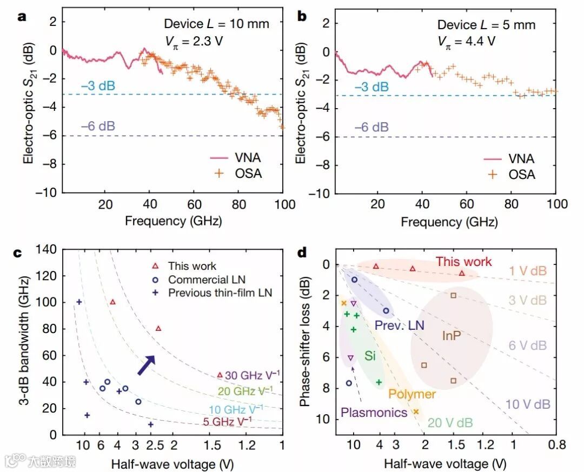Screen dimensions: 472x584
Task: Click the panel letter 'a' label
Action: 22,16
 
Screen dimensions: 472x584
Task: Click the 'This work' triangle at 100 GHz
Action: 112,302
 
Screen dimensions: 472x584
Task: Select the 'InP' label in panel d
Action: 451,335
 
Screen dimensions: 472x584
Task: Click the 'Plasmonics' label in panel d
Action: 374,412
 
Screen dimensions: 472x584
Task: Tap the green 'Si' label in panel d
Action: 370,356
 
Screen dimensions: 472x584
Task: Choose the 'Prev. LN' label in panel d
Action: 399,325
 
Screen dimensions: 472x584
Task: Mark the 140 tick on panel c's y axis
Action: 46,249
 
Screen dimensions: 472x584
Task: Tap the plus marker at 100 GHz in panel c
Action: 79,302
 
